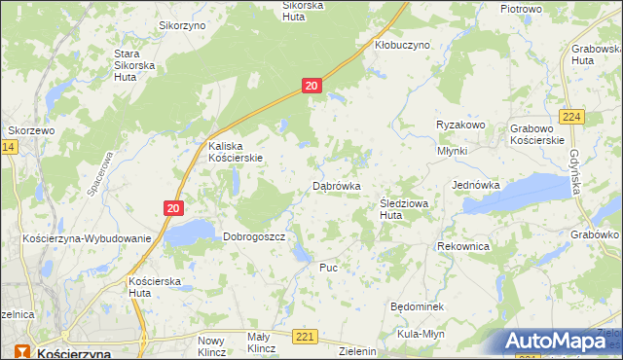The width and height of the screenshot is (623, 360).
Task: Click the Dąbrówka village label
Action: coord(337,185)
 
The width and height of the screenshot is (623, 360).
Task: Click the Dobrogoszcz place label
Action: coord(253,235)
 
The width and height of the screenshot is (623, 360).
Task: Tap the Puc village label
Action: coord(328,266)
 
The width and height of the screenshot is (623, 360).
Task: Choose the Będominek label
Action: coord(417,306)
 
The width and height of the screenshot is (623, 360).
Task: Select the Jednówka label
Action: coord(476,184)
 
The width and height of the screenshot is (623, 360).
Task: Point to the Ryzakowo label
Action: coord(460,126)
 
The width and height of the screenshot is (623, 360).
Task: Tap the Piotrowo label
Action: coord(521,8)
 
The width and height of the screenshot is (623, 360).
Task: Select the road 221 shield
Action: coord(306,336)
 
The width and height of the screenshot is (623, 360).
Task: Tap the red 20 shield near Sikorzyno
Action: coord(311,87)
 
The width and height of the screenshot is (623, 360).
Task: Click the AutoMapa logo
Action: coord(560,341)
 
